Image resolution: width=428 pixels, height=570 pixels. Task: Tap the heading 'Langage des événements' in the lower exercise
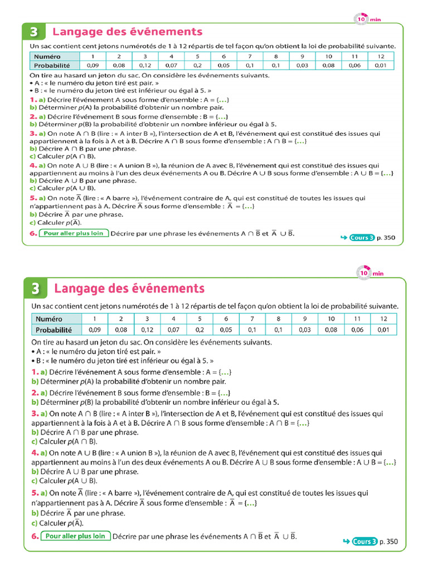(x=129, y=288)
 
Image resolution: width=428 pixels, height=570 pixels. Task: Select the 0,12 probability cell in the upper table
(x=145, y=65)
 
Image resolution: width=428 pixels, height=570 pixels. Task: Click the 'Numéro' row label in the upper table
(x=47, y=56)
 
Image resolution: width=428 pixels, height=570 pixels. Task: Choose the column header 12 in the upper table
(x=381, y=56)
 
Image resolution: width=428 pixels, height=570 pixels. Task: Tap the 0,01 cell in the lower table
(x=383, y=330)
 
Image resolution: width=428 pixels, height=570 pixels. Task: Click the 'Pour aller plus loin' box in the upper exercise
(x=74, y=233)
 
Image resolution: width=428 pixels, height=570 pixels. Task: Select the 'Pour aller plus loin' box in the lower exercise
(x=75, y=536)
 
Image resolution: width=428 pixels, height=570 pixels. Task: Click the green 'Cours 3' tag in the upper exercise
(x=362, y=238)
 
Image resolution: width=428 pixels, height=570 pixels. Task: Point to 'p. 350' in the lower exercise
(x=389, y=541)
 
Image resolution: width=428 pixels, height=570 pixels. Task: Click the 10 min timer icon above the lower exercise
(x=364, y=273)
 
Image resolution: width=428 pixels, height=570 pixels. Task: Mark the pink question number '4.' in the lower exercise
(x=35, y=453)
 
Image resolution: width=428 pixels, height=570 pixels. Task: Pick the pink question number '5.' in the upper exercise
(x=33, y=198)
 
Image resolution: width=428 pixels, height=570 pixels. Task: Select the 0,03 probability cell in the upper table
(x=302, y=65)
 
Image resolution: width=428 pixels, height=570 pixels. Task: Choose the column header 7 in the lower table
(x=252, y=318)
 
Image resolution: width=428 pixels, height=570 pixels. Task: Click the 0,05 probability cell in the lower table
(x=226, y=330)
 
